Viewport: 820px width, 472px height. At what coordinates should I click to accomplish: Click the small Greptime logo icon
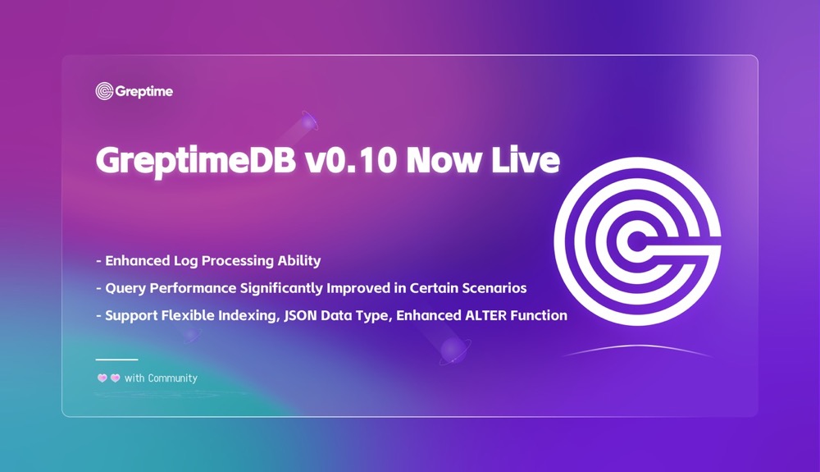click(x=104, y=91)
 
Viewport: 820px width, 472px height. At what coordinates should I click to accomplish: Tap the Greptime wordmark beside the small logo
click(x=143, y=92)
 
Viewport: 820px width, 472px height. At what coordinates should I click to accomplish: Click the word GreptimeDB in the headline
click(x=196, y=161)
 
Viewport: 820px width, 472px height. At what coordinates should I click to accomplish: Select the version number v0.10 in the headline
click(x=350, y=160)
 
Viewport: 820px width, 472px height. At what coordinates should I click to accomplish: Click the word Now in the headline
click(x=444, y=160)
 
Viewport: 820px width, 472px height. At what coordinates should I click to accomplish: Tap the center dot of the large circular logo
click(x=636, y=242)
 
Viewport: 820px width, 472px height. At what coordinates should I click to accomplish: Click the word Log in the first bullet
click(x=185, y=261)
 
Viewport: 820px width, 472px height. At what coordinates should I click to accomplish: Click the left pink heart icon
click(x=102, y=378)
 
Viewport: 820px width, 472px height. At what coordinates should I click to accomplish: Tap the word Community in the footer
click(x=172, y=378)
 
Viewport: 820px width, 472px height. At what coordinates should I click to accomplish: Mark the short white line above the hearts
click(x=116, y=360)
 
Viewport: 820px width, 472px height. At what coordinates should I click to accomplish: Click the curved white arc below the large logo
click(x=637, y=346)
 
